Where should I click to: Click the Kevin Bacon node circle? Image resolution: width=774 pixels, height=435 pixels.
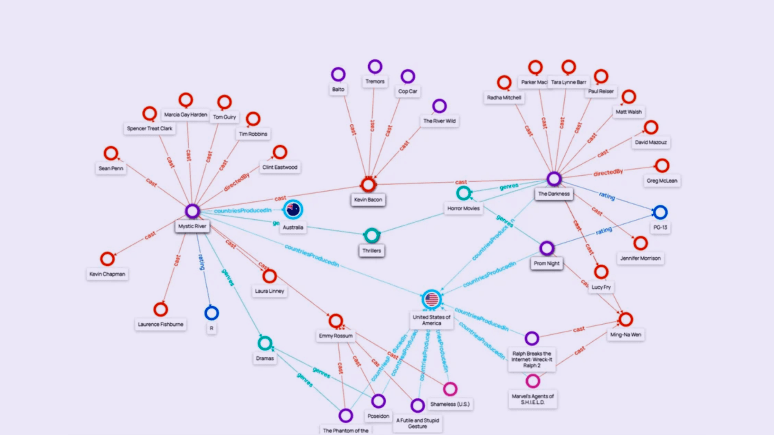pyautogui.click(x=368, y=185)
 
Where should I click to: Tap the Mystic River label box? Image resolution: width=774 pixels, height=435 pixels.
pyautogui.click(x=192, y=226)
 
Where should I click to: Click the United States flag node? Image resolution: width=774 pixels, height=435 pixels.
pyautogui.click(x=431, y=299)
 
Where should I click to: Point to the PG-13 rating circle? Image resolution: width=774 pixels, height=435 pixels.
pyautogui.click(x=660, y=212)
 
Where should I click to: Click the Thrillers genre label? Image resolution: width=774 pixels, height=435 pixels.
pyautogui.click(x=372, y=250)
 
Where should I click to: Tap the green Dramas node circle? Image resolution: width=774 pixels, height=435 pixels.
pyautogui.click(x=265, y=343)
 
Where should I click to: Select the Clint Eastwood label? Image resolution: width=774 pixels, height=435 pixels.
pyautogui.click(x=280, y=167)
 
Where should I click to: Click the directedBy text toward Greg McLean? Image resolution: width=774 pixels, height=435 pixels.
pyautogui.click(x=608, y=172)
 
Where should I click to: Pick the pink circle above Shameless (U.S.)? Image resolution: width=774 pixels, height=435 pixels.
pyautogui.click(x=450, y=389)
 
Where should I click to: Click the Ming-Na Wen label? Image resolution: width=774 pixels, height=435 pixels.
pyautogui.click(x=626, y=335)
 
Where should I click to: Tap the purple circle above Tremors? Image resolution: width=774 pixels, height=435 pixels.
pyautogui.click(x=375, y=66)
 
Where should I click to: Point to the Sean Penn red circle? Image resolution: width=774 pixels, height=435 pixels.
pyautogui.click(x=111, y=153)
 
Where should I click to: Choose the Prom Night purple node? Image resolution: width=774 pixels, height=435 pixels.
pyautogui.click(x=547, y=248)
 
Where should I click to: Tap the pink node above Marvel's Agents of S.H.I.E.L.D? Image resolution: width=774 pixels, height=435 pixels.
pyautogui.click(x=533, y=381)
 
